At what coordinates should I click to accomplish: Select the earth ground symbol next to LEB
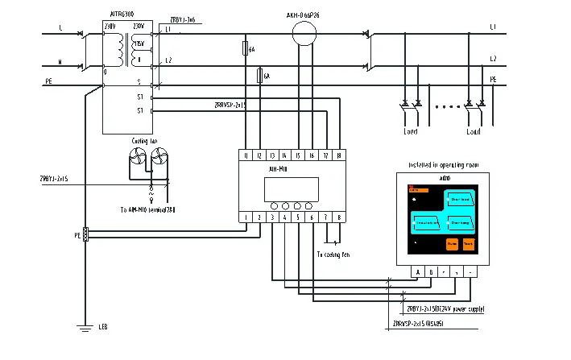click(x=83, y=327)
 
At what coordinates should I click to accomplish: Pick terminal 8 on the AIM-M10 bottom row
click(x=338, y=217)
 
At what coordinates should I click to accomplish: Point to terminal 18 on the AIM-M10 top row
click(x=338, y=155)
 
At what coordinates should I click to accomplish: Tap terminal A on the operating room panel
click(x=418, y=271)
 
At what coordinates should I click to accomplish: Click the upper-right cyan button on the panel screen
click(x=462, y=198)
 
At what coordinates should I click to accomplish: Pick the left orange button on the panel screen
click(x=452, y=242)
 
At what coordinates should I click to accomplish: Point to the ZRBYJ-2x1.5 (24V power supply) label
click(x=448, y=308)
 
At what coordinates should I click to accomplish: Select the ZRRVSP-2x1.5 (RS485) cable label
click(x=418, y=323)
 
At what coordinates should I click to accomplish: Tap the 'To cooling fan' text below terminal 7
click(x=333, y=254)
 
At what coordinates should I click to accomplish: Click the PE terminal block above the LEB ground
click(x=85, y=235)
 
